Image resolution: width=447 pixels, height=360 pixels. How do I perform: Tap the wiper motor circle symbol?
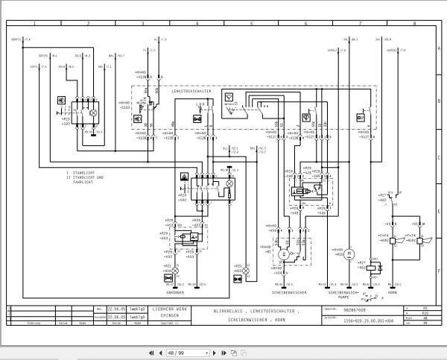283,255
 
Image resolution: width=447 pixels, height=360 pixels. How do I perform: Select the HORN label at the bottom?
393,292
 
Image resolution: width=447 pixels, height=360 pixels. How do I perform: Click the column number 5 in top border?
251,25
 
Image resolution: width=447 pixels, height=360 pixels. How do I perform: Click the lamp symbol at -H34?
168,277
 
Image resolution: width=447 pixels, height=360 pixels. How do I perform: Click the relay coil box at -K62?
370,265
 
